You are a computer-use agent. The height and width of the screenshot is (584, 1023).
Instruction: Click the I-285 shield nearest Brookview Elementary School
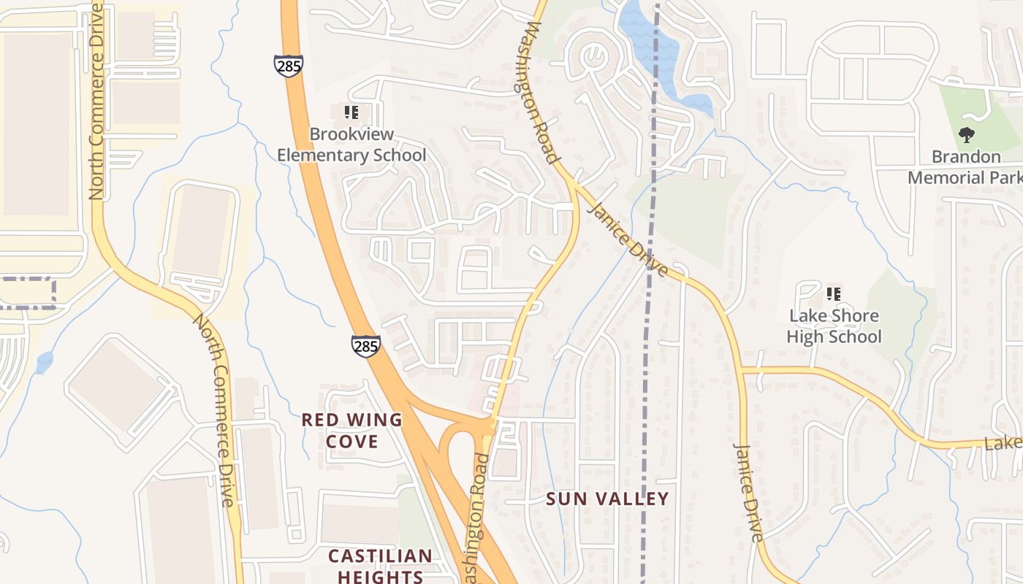tap(289, 65)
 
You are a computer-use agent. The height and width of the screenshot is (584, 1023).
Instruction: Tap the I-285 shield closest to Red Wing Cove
tap(365, 345)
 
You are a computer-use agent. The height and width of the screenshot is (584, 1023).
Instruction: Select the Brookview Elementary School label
tap(351, 145)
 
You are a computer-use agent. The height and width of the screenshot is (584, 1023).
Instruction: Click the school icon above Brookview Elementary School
tap(351, 112)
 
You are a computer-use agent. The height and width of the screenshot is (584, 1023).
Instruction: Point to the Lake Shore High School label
tap(834, 326)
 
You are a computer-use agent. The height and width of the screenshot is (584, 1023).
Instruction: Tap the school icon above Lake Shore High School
tap(833, 294)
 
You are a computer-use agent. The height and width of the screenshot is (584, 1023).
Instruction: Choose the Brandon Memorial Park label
tap(965, 167)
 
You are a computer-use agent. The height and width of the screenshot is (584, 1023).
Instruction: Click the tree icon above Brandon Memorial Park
tap(966, 134)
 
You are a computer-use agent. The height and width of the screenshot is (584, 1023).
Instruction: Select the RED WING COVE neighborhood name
tap(352, 430)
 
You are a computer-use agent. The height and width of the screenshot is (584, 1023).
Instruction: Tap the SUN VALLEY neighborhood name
tap(608, 499)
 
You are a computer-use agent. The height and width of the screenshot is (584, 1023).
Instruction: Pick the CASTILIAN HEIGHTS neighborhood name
tap(380, 566)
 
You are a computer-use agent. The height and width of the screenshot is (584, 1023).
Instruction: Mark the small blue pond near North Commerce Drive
tap(45, 361)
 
